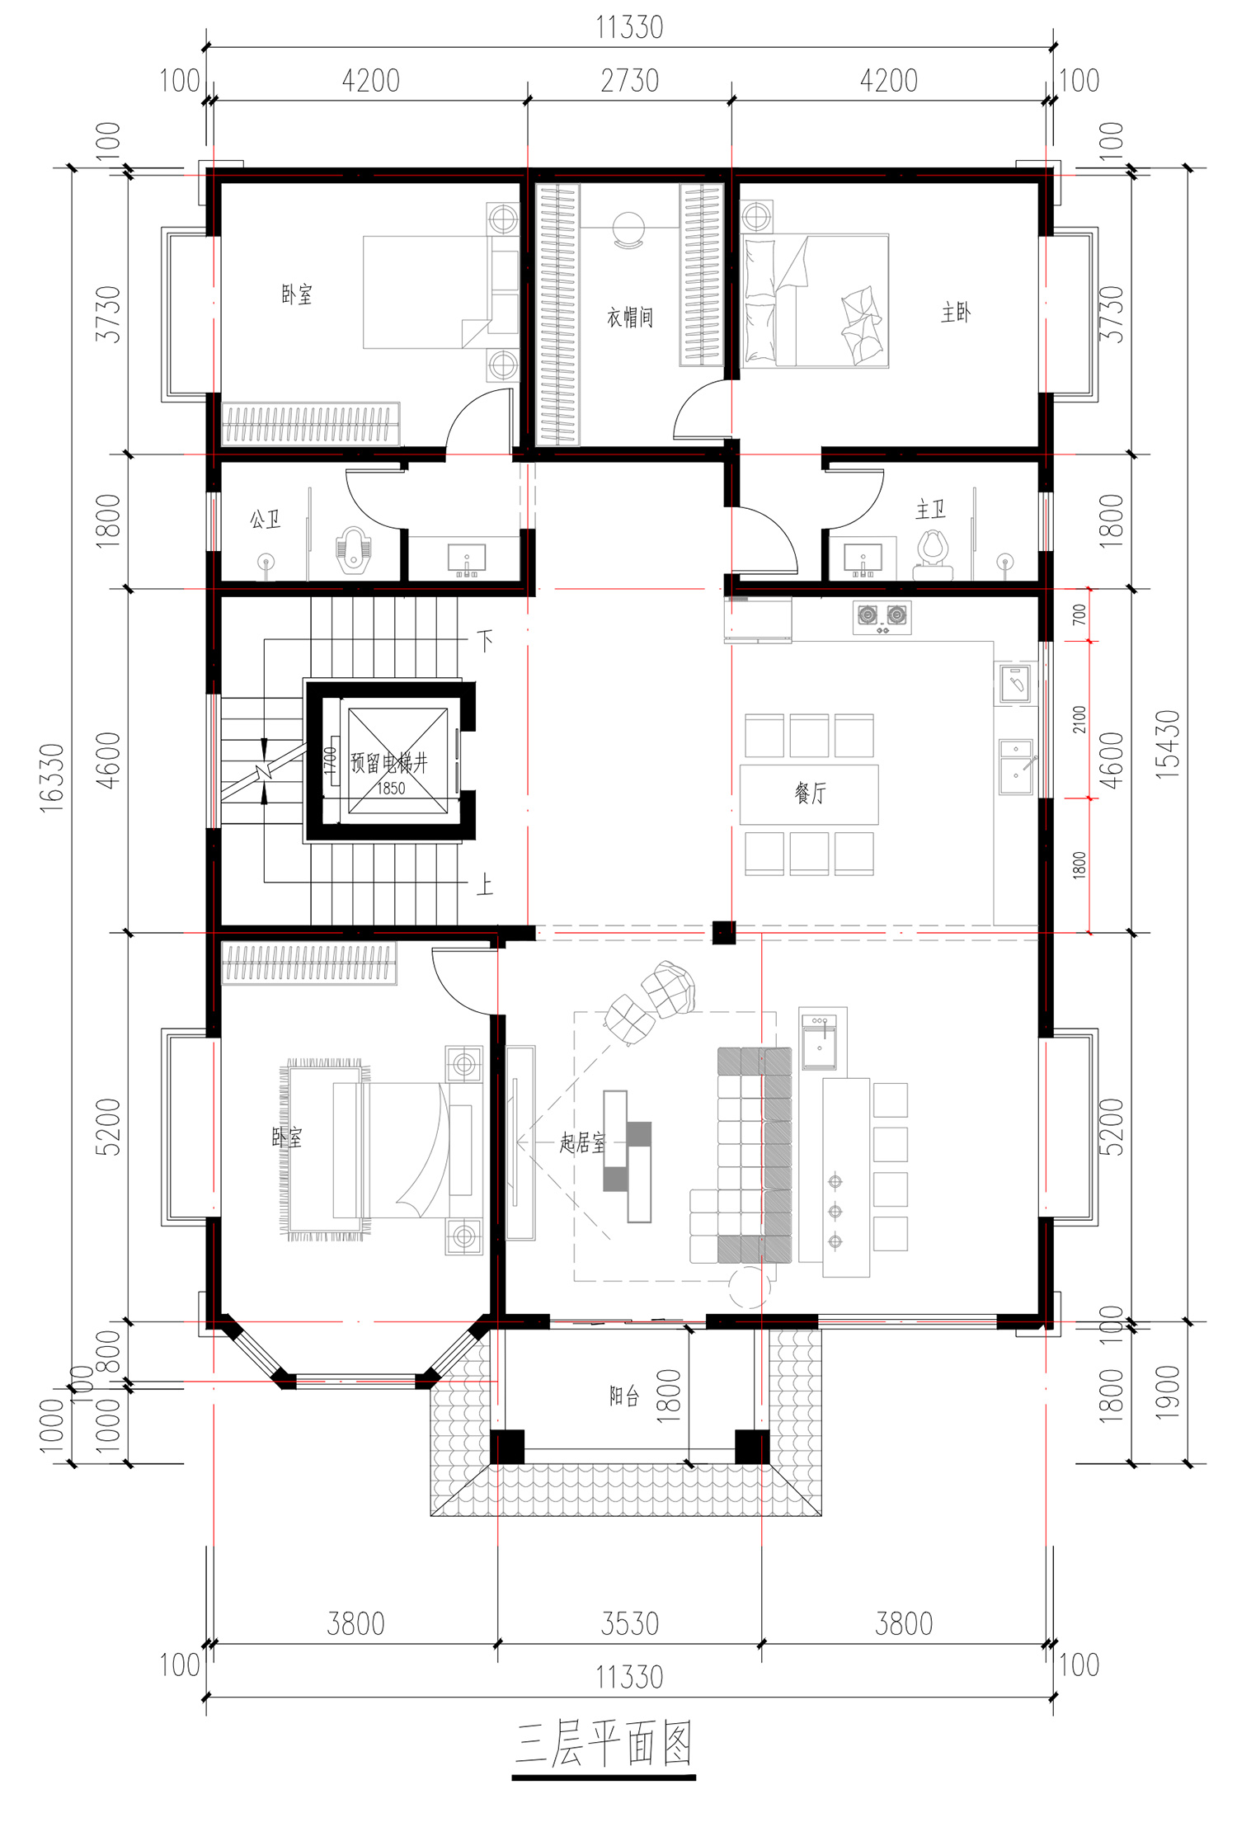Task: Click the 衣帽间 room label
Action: (630, 318)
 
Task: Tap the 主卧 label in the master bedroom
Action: (956, 313)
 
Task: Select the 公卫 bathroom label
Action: (265, 520)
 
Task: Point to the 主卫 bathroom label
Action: (930, 510)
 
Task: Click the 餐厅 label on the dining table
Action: (810, 793)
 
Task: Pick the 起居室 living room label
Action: (582, 1142)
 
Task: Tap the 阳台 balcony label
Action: (624, 1396)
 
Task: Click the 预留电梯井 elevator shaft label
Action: (389, 762)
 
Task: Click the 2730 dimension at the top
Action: (630, 81)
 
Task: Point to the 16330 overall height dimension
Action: (52, 778)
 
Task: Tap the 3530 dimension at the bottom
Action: (630, 1623)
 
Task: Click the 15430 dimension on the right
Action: (1168, 745)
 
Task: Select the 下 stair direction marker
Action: (485, 640)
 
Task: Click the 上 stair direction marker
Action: (485, 885)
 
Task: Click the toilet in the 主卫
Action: (934, 555)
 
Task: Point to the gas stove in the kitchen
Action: (882, 618)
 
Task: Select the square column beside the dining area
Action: (724, 932)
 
